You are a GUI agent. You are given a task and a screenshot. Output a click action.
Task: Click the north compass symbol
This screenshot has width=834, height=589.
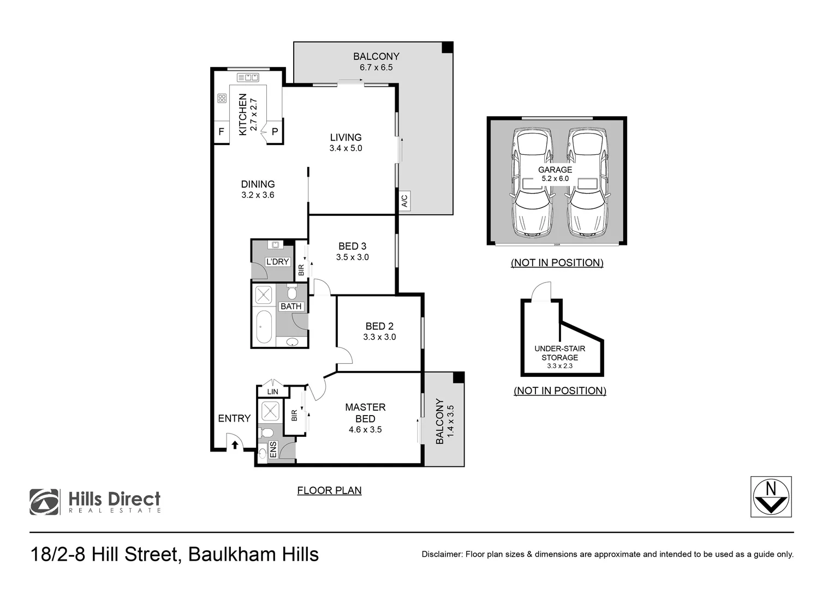point(771,497)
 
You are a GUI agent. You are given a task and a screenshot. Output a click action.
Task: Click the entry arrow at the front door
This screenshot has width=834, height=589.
point(235,445)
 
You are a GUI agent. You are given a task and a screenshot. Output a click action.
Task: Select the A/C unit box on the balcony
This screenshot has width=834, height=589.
point(404,201)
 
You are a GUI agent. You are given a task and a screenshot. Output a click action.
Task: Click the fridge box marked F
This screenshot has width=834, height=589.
point(221,132)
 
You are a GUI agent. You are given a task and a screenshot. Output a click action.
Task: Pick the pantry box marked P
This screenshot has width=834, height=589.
point(275,132)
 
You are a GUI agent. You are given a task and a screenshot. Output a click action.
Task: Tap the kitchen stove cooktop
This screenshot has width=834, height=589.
point(222,99)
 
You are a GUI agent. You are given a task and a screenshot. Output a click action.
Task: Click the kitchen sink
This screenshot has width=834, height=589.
point(248,77)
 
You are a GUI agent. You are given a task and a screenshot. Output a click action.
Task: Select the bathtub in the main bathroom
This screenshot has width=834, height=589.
point(264,327)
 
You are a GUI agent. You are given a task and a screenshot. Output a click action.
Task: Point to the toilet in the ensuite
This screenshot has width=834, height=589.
point(267,433)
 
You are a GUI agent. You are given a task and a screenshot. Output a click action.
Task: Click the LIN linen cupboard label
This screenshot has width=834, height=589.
point(273,392)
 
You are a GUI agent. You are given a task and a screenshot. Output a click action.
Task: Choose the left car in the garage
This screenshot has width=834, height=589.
point(529,183)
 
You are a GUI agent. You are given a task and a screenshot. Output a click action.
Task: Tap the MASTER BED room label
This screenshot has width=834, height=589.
point(365,413)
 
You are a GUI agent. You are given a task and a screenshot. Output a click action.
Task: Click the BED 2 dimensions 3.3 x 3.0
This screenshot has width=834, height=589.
point(379,337)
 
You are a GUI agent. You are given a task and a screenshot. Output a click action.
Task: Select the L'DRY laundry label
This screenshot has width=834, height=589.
point(277,262)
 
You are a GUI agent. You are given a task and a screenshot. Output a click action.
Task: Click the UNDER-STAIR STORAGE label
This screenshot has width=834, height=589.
point(559,353)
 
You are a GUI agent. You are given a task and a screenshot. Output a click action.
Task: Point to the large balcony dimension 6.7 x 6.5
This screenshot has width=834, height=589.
point(376,68)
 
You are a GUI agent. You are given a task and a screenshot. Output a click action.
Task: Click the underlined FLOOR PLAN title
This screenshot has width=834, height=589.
point(329,490)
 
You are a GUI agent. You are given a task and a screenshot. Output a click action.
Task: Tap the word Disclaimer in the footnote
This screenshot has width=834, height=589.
point(442,555)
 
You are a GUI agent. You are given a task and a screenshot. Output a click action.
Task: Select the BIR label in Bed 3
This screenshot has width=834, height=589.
point(301,269)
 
